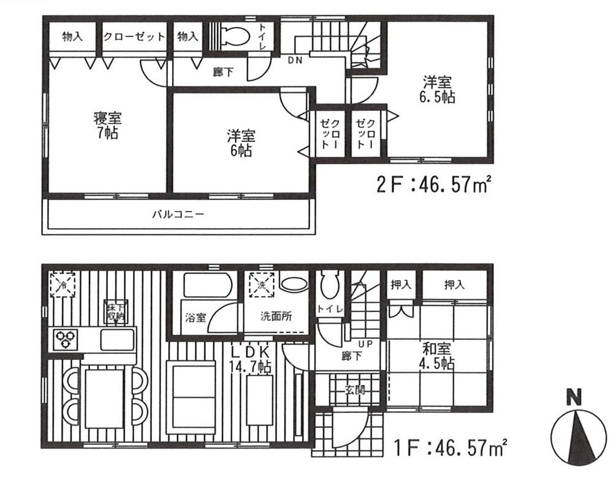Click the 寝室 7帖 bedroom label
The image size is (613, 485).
pos(105,124)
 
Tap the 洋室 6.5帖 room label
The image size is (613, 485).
pos(436,90)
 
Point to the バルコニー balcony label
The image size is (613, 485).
pos(178,215)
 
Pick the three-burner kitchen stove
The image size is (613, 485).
pos(66,338)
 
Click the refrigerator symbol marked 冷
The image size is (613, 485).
pos(63,285)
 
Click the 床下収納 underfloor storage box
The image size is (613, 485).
pos(115,311)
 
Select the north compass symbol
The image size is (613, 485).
pos(574,434)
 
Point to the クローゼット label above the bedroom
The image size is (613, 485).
pos(134,37)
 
